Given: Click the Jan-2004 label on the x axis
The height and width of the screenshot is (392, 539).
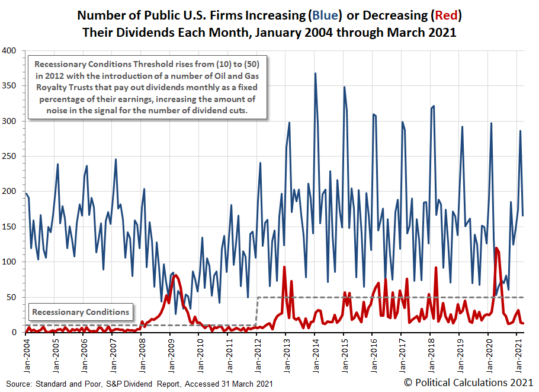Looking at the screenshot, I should click(26, 351).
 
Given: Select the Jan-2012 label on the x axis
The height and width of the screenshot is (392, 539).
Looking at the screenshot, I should click(257, 351).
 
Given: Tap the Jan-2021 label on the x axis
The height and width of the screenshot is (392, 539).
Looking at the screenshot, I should click(518, 351).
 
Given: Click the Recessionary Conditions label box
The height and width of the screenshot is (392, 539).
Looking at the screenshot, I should click(81, 312).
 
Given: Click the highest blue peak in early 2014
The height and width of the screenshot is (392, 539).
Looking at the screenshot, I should click(315, 74).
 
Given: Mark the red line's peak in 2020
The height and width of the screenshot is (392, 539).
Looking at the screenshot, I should click(496, 248).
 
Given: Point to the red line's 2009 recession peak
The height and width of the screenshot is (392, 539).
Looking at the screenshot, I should click(177, 275).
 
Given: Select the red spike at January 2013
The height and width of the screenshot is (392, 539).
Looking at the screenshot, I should click(285, 267).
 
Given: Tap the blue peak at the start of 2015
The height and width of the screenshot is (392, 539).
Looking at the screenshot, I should click(344, 87).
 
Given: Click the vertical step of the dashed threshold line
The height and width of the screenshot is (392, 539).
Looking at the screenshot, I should click(257, 311).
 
